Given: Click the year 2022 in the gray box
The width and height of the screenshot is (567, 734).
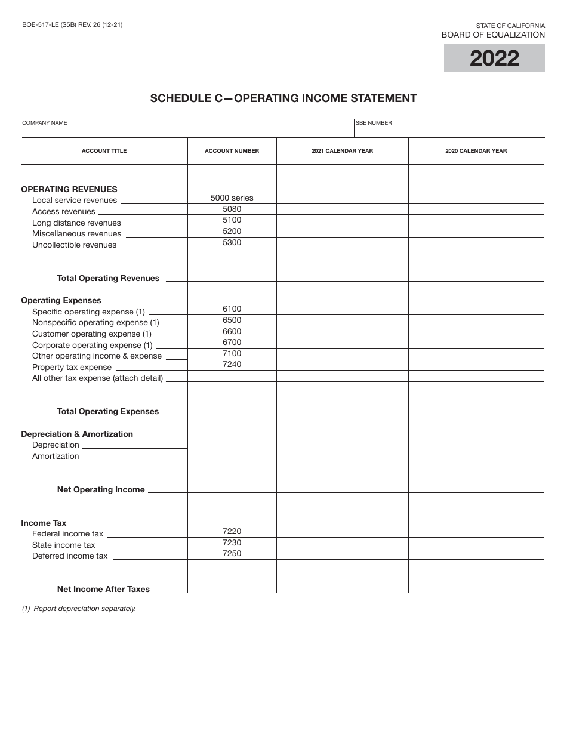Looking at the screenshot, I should click(494, 58).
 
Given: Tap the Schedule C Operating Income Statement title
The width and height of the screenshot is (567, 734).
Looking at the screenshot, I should click(283, 98).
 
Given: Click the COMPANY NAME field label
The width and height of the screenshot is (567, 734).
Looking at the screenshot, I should click(45, 123).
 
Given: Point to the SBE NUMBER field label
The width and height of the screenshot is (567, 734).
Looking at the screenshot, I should click(374, 123).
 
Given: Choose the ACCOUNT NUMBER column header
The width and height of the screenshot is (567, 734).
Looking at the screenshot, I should click(232, 151).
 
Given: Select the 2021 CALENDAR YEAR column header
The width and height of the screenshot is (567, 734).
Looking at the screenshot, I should click(342, 151).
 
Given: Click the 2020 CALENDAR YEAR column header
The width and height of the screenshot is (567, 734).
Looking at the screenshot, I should click(476, 151).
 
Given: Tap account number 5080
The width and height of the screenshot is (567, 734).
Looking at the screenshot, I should click(232, 209).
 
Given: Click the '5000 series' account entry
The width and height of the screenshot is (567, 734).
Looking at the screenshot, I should click(232, 198).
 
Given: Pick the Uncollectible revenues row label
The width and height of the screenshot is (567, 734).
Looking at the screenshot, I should click(74, 245).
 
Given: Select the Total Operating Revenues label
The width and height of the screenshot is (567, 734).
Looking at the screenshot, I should click(108, 278).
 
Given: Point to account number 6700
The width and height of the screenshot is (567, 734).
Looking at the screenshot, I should click(232, 343).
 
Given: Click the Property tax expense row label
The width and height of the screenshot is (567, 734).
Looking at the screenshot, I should click(72, 368).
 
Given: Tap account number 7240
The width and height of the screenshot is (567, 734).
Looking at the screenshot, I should click(232, 365).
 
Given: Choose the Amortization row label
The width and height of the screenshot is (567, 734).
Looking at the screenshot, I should click(56, 457).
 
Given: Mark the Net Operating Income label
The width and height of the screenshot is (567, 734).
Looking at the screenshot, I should click(101, 489).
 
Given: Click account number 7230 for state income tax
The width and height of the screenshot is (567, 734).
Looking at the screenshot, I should click(232, 542).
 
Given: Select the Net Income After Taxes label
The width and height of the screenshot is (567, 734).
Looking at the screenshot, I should click(103, 589).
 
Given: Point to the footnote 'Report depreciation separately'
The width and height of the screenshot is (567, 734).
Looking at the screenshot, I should click(79, 609).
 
